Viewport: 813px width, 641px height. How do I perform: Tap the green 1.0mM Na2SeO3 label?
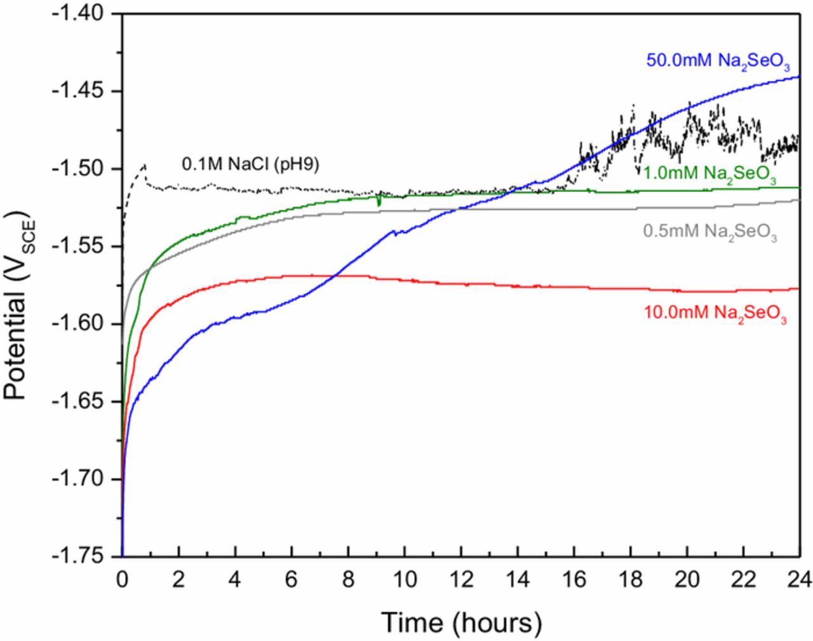coord(709,175)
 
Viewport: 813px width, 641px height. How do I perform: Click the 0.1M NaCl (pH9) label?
coord(250,165)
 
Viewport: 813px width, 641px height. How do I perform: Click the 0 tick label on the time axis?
coord(122,579)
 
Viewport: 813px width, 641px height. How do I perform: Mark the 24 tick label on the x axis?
coord(799,579)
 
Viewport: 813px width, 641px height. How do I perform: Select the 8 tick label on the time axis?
coord(348,579)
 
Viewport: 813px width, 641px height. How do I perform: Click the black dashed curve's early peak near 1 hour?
coord(144,165)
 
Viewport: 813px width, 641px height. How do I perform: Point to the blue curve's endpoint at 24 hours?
coord(798,77)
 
